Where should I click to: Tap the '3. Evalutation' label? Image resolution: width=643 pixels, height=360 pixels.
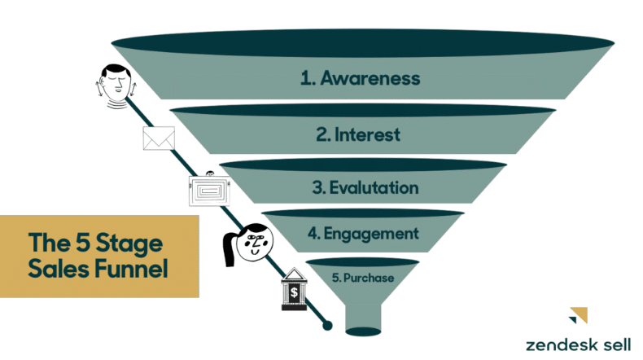coord(365,188)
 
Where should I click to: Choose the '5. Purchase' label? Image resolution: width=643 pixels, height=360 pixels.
coord(363,278)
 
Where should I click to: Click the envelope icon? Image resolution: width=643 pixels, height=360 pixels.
coord(159,138)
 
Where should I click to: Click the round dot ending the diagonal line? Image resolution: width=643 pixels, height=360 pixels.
coord(328,326)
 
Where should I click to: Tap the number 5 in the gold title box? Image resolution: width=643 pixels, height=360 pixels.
coord(84,243)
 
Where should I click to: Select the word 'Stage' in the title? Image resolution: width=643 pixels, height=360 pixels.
coord(131,243)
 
